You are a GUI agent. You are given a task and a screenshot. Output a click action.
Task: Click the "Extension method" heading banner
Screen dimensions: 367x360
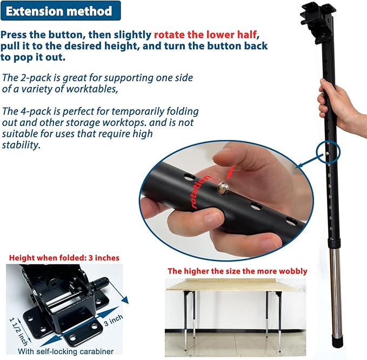61,11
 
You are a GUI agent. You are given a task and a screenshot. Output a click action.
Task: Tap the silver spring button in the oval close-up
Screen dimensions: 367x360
223,188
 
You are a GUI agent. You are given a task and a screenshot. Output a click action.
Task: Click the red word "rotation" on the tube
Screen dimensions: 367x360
200,191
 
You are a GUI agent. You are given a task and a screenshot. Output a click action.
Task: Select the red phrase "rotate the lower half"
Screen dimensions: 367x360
205,35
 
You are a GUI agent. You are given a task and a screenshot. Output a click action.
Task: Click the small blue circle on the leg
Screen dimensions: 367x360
328,152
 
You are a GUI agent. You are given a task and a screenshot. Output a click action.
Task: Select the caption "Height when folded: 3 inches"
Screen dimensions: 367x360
64,258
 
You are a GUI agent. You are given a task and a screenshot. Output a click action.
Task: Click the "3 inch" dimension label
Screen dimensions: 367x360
114,320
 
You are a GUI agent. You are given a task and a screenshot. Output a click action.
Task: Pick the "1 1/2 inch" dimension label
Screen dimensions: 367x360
18,331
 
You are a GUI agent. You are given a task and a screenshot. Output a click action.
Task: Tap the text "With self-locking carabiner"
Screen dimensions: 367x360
65,351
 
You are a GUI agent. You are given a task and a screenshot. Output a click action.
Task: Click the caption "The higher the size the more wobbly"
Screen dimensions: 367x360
237,271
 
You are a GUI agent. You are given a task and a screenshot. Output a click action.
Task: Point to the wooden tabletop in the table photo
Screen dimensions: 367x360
236,285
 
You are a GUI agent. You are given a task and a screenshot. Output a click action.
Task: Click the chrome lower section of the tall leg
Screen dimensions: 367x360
336,292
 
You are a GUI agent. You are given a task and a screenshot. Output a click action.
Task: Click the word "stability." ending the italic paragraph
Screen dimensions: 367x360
21,145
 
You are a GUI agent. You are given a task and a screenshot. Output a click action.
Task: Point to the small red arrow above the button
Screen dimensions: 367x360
230,171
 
